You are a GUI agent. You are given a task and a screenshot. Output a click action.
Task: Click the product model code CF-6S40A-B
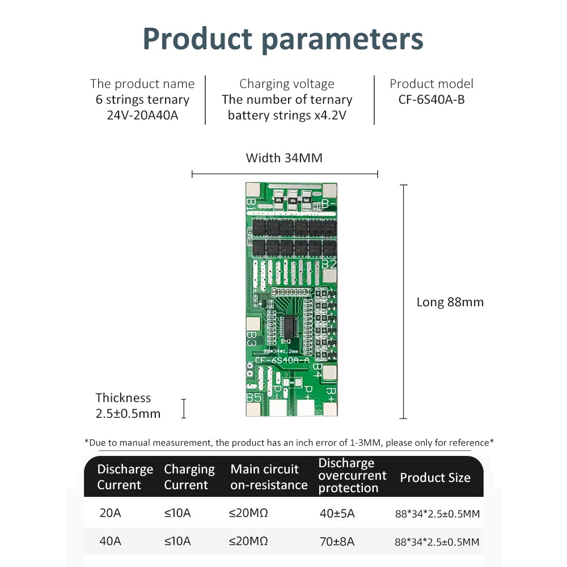click(x=431, y=100)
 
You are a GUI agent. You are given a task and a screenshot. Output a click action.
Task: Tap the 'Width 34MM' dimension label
click(x=284, y=158)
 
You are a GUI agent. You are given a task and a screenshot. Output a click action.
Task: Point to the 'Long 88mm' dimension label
click(x=450, y=302)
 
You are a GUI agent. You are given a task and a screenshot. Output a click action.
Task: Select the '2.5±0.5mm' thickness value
click(x=128, y=413)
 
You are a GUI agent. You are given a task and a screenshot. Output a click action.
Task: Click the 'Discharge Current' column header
click(x=125, y=477)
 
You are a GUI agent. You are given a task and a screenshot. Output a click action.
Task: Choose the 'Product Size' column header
click(x=435, y=478)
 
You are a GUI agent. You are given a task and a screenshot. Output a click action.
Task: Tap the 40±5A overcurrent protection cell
click(x=337, y=514)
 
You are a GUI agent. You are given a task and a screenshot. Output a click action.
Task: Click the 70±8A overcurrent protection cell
click(x=337, y=541)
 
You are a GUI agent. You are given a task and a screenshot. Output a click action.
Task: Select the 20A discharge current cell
click(x=110, y=514)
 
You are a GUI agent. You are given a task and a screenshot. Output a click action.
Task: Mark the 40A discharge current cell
click(x=110, y=541)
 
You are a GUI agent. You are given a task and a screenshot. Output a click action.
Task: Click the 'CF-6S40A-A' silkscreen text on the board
click(x=282, y=360)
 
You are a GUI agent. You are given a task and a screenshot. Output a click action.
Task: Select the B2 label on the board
click(x=329, y=264)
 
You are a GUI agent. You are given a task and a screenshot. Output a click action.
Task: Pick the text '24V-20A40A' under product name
click(x=142, y=116)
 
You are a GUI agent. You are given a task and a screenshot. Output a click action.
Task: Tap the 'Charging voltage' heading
click(x=287, y=84)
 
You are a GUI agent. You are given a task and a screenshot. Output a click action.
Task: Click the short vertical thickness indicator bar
click(x=184, y=408)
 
